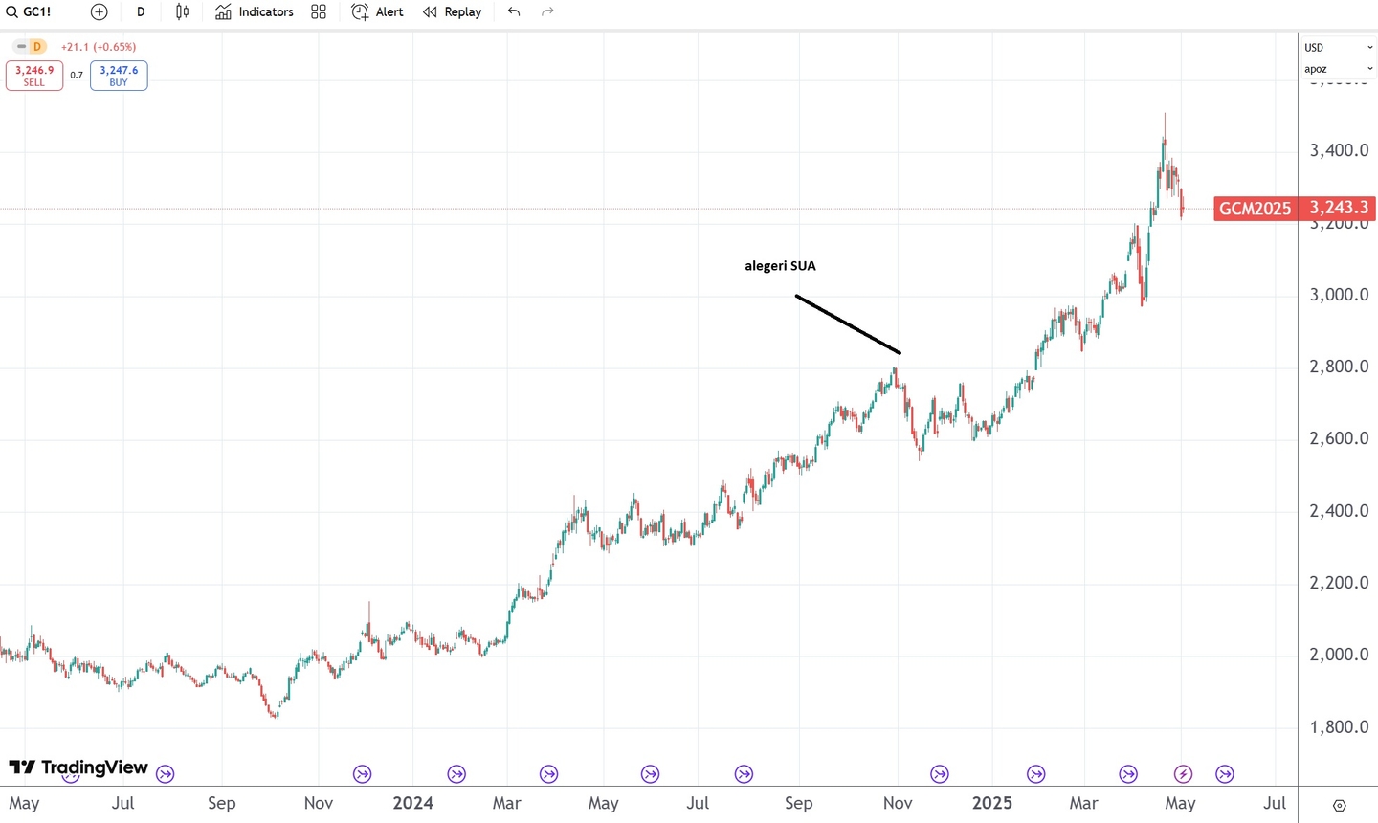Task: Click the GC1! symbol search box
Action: point(30,12)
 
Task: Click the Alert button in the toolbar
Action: point(378,12)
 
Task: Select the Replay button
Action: point(453,12)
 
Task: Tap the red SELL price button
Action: point(34,76)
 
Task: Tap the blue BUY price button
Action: point(119,76)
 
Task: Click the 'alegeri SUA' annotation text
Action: point(780,266)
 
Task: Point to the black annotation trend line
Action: point(848,324)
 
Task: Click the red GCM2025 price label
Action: point(1255,209)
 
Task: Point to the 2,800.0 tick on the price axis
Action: point(1339,367)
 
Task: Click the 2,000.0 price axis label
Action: point(1339,655)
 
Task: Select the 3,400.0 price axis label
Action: point(1339,150)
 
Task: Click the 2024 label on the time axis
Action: point(412,803)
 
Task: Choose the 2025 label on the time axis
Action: point(991,803)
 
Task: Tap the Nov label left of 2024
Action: point(319,803)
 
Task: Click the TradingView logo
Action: point(78,767)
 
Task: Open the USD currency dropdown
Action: point(1338,47)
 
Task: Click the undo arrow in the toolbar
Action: point(514,12)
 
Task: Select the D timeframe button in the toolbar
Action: point(141,12)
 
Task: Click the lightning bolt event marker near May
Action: point(1183,774)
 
